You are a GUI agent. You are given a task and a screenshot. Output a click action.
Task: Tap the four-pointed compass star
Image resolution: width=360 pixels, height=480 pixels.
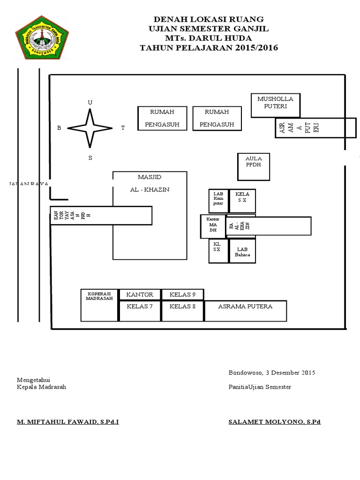[90, 128]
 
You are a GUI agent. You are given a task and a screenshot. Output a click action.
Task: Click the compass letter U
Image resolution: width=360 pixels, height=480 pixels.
[90, 102]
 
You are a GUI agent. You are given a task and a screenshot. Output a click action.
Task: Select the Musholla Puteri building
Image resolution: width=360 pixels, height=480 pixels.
[275, 105]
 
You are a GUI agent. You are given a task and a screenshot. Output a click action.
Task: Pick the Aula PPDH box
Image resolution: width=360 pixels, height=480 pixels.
[254, 166]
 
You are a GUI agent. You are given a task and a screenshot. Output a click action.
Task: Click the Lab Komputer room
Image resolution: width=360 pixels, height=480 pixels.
[218, 201]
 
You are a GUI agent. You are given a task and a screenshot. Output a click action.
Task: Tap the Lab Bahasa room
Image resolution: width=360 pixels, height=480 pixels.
[243, 251]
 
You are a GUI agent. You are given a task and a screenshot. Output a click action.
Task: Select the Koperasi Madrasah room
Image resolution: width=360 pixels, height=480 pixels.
[99, 305]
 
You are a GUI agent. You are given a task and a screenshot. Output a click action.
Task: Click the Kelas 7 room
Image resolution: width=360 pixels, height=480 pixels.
[140, 311]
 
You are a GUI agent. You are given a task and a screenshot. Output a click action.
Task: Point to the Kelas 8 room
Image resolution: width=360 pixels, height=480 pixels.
[182, 311]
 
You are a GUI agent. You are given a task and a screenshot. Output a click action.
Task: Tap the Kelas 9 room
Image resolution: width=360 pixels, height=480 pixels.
[182, 294]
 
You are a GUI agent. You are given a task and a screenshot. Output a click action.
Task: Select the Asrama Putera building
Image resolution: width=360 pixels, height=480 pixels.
[245, 311]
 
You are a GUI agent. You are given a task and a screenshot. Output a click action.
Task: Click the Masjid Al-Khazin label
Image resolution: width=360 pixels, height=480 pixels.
[150, 183]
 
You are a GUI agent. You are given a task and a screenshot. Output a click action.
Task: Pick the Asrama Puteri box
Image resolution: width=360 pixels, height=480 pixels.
[309, 128]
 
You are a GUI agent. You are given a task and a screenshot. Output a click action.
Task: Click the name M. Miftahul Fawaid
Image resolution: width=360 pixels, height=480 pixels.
[68, 422]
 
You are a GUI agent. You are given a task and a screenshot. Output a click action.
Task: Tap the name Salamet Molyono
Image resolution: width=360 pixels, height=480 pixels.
[274, 422]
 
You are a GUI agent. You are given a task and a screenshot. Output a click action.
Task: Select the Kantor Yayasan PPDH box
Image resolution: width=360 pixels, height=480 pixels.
[101, 216]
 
